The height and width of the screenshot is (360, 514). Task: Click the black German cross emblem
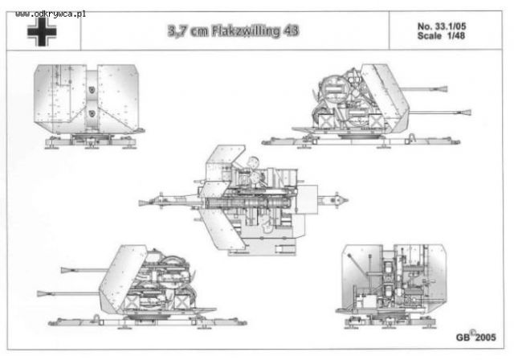click(42, 32)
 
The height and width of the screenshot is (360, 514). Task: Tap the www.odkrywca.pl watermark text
click(51, 14)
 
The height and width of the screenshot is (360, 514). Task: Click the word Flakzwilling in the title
click(246, 31)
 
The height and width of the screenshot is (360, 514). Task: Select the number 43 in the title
click(291, 31)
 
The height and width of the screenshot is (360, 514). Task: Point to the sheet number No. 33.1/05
click(442, 27)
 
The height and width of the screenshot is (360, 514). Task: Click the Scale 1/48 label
click(441, 35)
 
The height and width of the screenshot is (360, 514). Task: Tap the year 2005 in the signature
click(485, 337)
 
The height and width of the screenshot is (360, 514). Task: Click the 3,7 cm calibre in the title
click(188, 31)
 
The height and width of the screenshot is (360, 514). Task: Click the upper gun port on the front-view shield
click(92, 89)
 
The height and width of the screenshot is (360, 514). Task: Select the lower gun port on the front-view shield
click(92, 113)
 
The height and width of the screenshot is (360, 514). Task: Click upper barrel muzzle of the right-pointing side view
click(443, 88)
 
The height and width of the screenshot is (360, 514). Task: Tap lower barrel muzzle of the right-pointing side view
click(466, 112)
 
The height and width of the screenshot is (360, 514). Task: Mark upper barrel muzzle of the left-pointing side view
click(66, 270)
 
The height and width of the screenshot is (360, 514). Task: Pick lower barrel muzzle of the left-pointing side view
click(43, 293)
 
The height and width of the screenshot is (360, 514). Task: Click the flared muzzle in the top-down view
click(144, 203)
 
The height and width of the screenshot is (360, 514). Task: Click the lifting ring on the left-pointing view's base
click(97, 317)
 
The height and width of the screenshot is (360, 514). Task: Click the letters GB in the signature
click(463, 337)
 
